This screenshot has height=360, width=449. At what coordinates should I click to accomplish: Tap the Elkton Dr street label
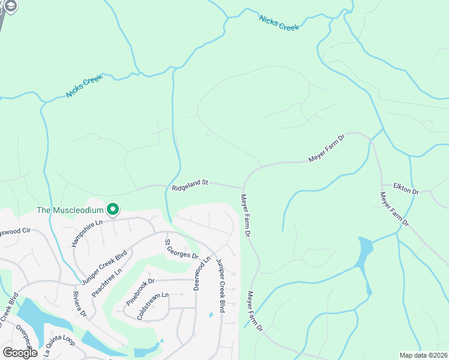click(406, 190)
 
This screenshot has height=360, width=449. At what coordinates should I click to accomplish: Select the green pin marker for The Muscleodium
click(112, 209)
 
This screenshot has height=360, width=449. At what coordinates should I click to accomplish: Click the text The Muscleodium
click(70, 210)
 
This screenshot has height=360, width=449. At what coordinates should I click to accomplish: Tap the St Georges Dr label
click(181, 249)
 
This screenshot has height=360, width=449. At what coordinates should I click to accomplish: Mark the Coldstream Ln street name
click(152, 305)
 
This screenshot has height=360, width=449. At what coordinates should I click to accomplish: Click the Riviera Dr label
click(80, 305)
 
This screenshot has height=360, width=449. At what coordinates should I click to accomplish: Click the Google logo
click(20, 353)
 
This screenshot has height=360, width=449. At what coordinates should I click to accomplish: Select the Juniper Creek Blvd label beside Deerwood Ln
click(220, 286)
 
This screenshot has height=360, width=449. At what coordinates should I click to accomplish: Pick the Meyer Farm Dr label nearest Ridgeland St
click(246, 214)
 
